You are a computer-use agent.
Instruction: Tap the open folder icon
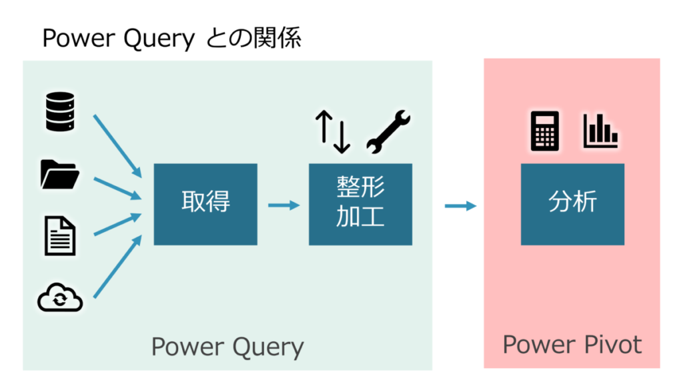[x=60, y=174]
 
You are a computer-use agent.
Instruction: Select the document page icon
[x=60, y=235]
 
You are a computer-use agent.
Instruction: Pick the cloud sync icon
[x=60, y=298]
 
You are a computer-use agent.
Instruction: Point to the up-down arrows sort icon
[x=333, y=131]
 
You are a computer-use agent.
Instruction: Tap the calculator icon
[x=544, y=130]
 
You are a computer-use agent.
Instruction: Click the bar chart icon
[x=600, y=131]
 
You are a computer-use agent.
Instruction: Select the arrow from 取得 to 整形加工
[x=283, y=205]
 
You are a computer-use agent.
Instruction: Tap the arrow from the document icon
[x=117, y=224]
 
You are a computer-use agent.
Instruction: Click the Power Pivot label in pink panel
[x=572, y=345]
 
